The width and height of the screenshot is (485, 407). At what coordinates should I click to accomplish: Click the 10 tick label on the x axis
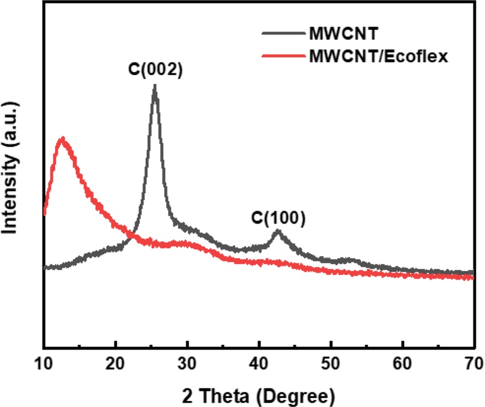click(44, 364)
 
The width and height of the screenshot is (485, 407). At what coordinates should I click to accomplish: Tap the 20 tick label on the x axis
click(115, 364)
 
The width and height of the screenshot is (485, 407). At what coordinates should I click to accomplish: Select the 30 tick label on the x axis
click(187, 364)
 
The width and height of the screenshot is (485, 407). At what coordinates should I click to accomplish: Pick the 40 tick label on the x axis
click(259, 364)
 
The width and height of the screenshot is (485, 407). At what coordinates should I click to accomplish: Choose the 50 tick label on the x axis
click(330, 364)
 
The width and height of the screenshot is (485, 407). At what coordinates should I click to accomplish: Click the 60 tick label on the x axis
click(402, 364)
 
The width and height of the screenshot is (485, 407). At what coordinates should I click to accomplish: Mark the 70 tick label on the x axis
click(473, 364)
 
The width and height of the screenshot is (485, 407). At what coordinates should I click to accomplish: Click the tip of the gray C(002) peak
click(155, 86)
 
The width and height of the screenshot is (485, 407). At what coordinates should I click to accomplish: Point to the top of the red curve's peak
click(62, 139)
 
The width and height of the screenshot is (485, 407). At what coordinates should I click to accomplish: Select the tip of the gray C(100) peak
click(278, 231)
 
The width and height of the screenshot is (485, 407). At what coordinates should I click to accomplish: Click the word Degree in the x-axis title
click(301, 395)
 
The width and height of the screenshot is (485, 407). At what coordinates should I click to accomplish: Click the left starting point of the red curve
click(44, 213)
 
